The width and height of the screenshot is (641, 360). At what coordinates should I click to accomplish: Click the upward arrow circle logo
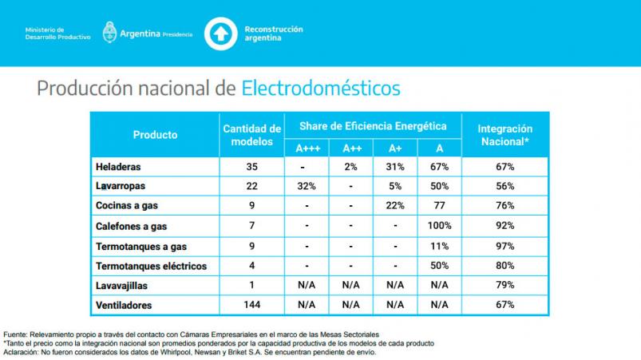tap(220, 34)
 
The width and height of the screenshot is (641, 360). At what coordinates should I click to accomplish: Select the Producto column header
tap(155, 135)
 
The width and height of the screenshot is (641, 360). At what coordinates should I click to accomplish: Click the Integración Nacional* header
tap(504, 135)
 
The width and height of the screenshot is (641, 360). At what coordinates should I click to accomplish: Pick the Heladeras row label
tap(119, 168)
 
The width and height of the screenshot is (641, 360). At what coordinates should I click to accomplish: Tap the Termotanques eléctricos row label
tap(151, 265)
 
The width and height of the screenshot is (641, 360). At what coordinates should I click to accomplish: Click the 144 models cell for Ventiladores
tap(251, 305)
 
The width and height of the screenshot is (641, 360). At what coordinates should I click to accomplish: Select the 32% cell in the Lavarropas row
tap(307, 187)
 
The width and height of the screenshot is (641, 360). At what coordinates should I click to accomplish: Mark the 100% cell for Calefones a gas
tap(440, 226)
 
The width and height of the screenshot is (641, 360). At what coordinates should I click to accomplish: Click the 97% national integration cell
tap(504, 246)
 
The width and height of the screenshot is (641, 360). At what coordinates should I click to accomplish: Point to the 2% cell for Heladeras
tap(352, 168)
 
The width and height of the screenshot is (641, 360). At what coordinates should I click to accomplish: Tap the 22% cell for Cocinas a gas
tap(395, 207)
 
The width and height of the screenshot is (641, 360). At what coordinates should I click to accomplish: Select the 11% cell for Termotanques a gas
tap(440, 246)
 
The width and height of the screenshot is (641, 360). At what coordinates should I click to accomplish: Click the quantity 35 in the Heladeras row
tap(251, 168)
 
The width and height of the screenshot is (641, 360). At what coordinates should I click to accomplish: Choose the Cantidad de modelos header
tap(251, 135)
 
